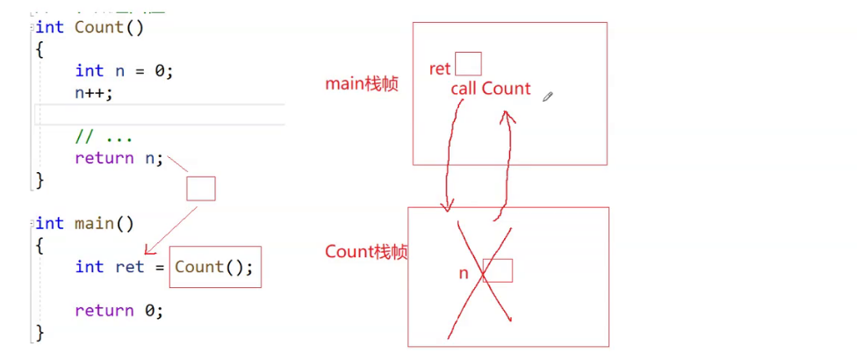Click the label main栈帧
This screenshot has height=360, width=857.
coord(361,84)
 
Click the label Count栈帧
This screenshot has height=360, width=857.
coord(366,252)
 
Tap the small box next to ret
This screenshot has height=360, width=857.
coord(468,64)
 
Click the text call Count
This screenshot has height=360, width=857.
coord(490,89)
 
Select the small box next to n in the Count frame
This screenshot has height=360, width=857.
coord(498,270)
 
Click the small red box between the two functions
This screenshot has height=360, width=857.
coord(200,188)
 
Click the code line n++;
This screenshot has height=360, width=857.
coord(94,92)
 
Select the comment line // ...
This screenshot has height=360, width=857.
coord(104,137)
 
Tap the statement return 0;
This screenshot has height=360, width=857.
coord(119,310)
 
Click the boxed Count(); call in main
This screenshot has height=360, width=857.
coord(214,267)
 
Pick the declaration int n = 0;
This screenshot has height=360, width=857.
coord(124,71)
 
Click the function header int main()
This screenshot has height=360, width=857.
coord(84,223)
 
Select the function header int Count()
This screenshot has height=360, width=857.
coord(89,26)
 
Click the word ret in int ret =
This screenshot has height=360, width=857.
coord(129,267)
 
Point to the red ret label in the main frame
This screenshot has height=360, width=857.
coord(440,69)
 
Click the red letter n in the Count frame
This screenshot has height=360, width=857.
coord(464,274)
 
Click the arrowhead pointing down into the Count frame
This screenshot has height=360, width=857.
coord(448,206)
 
